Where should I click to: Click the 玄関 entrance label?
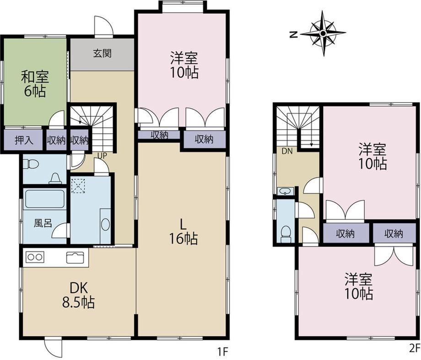click(103, 54)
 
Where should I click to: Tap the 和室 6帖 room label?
click(35, 84)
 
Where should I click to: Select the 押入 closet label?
click(24, 140)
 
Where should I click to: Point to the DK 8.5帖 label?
click(78, 295)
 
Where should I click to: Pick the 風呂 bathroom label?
click(43, 223)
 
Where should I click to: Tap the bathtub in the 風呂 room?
click(44, 199)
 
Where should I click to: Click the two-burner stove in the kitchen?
click(35, 257)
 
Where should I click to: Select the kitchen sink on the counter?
click(76, 258)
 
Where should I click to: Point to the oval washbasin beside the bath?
click(106, 224)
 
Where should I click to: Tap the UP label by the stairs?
click(102, 156)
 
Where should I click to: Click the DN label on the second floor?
click(287, 151)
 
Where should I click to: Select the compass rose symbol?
click(323, 33)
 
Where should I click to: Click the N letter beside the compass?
click(294, 34)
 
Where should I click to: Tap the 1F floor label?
click(223, 351)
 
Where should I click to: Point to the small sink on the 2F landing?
click(285, 191)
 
